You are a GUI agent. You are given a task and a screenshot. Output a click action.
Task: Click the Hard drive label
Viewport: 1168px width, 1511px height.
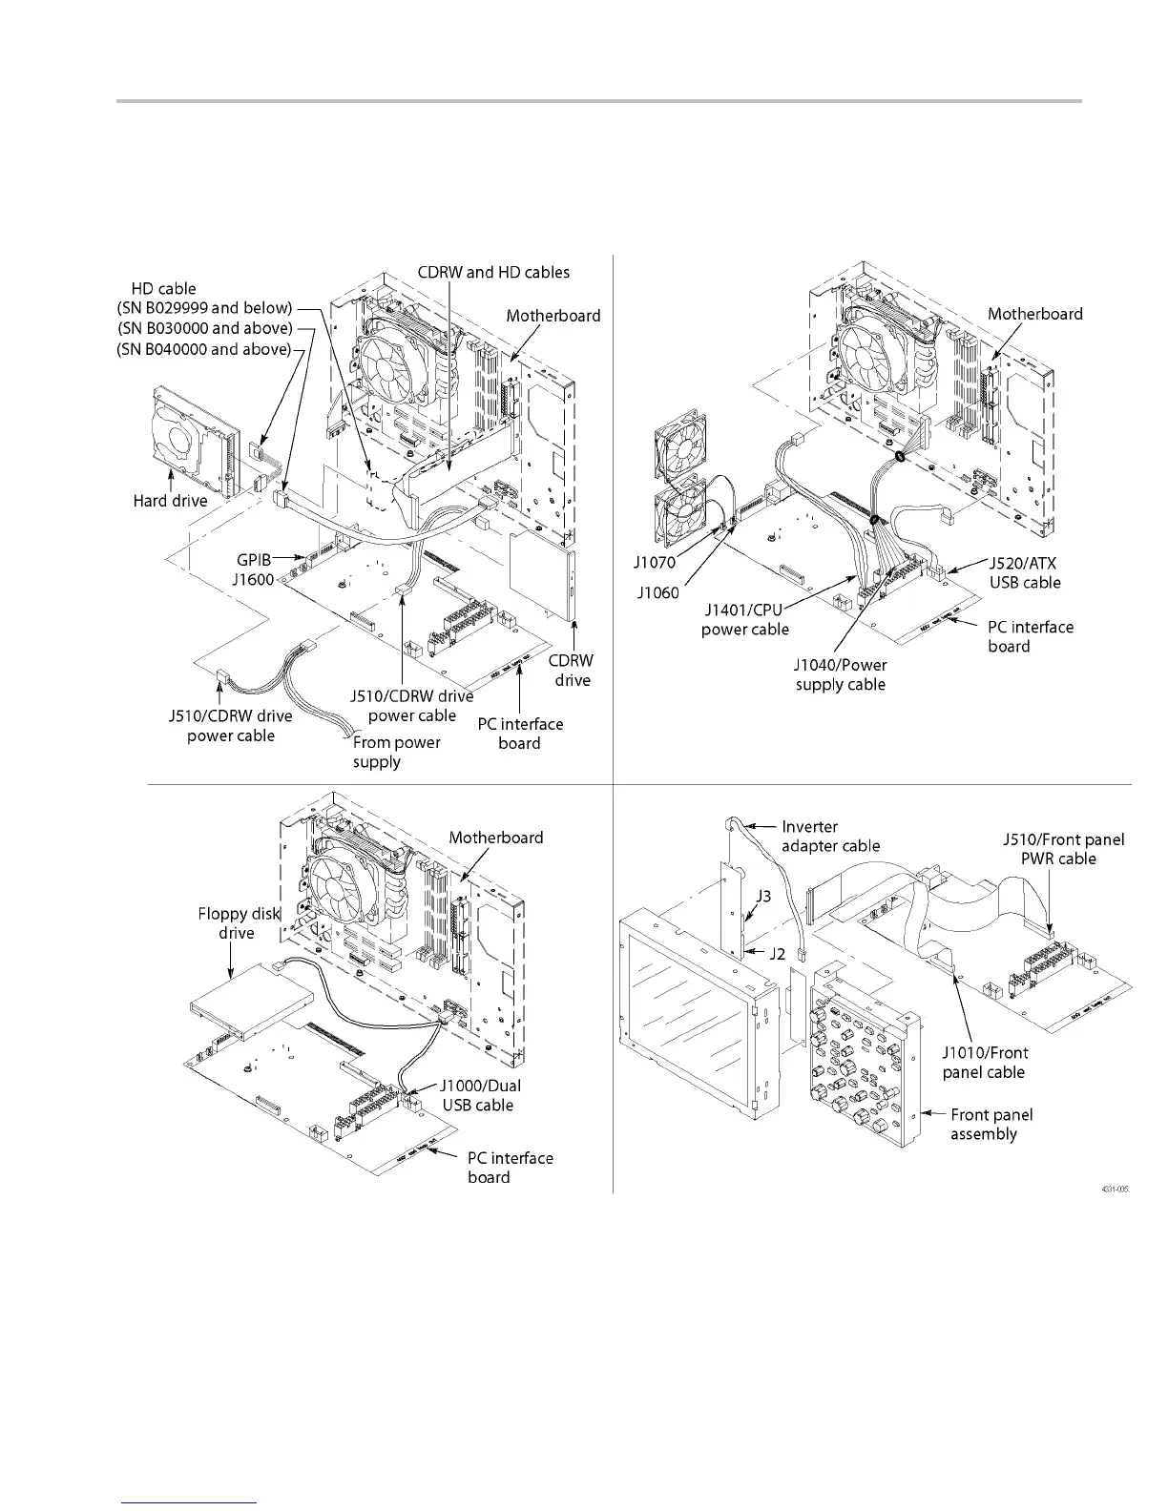click(x=170, y=501)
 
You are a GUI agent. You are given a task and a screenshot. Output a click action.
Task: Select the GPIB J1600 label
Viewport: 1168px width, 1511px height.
click(x=253, y=569)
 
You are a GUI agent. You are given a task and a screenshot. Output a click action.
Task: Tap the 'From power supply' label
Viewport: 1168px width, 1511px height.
click(x=396, y=752)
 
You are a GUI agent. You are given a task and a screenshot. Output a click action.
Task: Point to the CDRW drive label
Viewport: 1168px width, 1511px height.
click(x=572, y=671)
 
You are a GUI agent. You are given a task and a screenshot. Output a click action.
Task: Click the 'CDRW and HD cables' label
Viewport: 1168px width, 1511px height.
click(x=493, y=272)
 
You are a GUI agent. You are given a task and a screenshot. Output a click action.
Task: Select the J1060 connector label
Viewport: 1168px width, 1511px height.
click(x=658, y=592)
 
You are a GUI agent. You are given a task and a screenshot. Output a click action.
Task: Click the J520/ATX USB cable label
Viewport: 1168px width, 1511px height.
click(x=1023, y=572)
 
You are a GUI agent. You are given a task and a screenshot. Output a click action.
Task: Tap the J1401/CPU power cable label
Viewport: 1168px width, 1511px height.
click(x=745, y=619)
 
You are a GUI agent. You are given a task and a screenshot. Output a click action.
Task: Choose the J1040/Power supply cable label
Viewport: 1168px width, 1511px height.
click(x=840, y=674)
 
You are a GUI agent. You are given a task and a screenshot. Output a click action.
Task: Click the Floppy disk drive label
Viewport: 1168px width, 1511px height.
click(x=239, y=922)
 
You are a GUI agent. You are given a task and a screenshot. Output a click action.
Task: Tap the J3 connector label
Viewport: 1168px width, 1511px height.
click(x=763, y=897)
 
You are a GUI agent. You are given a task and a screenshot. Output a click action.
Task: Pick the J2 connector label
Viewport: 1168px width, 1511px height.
click(x=777, y=952)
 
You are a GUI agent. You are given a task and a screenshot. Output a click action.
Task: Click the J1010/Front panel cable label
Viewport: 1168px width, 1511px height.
click(x=984, y=1062)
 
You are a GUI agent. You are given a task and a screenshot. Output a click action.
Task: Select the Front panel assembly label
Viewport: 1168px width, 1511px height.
click(x=991, y=1124)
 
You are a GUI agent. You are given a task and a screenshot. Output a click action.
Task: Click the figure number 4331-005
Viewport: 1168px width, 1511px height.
click(x=1115, y=1189)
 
